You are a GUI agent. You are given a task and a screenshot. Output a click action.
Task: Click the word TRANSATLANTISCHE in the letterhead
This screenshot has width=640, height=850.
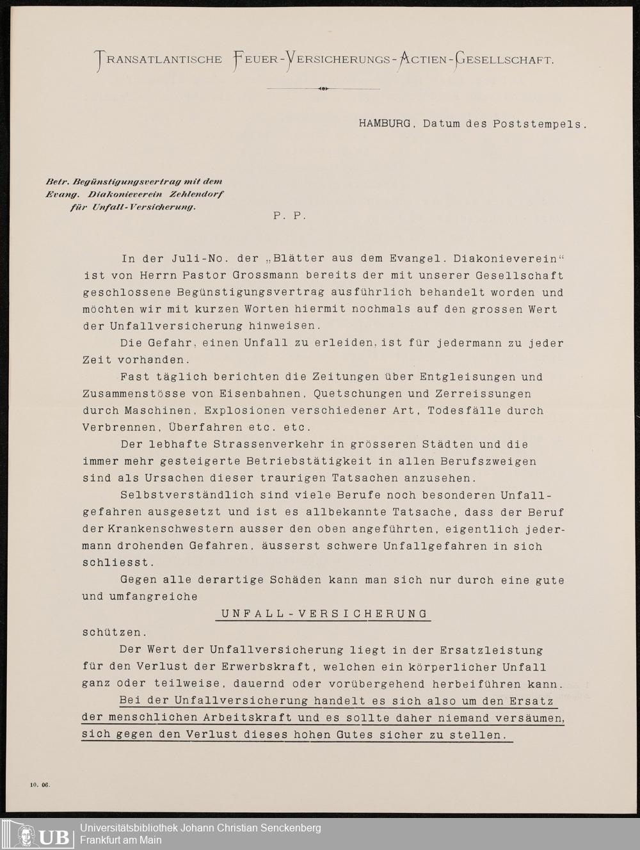click(x=158, y=60)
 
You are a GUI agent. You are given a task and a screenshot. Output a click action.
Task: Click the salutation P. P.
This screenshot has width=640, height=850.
click(x=289, y=216)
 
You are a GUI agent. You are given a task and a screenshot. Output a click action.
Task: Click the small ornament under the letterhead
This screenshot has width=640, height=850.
click(x=323, y=89)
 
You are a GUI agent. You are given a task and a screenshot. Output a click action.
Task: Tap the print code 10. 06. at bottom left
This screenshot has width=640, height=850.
click(x=39, y=783)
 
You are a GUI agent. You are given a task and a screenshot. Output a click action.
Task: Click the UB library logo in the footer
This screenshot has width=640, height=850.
click(x=44, y=835)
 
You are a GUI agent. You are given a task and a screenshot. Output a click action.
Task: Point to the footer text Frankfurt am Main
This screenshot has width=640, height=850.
click(x=120, y=840)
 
